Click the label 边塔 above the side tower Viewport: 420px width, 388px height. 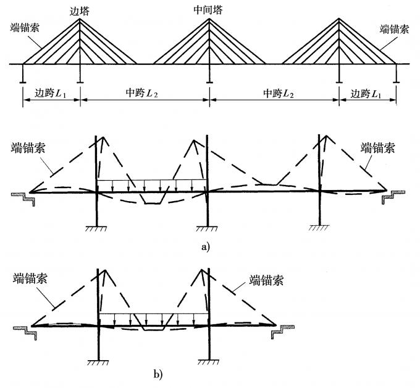coord(80,10)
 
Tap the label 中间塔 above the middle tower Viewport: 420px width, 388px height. coord(209,10)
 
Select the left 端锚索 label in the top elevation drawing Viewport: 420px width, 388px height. coord(23,28)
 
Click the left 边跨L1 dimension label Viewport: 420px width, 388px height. coord(51,93)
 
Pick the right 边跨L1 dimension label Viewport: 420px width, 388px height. coord(367,93)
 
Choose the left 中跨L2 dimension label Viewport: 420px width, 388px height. coord(144,93)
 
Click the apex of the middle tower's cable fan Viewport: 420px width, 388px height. coord(209,19)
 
